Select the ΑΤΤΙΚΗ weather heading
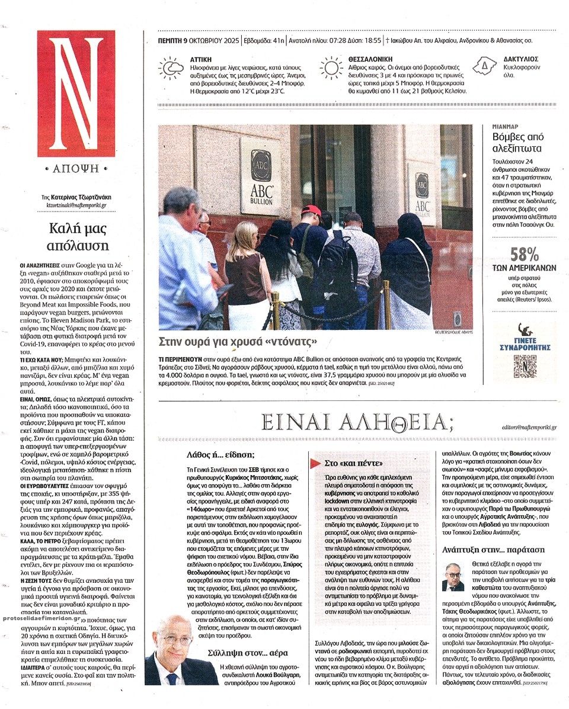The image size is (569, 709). tap(202, 59)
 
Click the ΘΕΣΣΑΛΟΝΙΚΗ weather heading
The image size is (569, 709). tap(376, 59)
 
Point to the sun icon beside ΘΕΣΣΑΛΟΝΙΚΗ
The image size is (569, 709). tap(331, 68)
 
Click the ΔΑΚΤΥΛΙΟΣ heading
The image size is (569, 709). tap(521, 59)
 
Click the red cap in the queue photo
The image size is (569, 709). tap(311, 210)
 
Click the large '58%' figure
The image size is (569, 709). tap(525, 255)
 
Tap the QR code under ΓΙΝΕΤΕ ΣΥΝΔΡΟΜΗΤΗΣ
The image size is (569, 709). tap(525, 366)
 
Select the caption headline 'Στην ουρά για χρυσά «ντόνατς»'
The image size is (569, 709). tap(237, 342)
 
